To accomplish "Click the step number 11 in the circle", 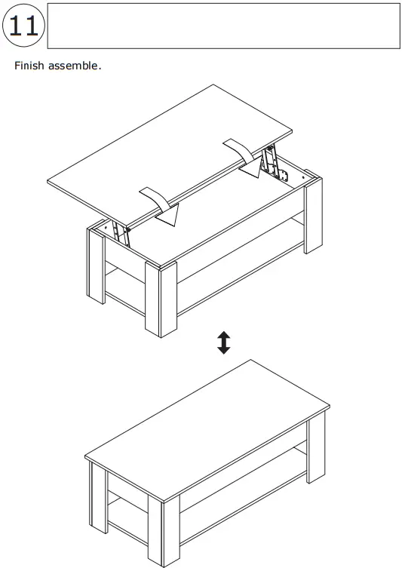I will pyautogui.click(x=23, y=26).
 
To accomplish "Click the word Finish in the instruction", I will pyautogui.click(x=29, y=66).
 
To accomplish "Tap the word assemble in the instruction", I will pyautogui.click(x=74, y=66).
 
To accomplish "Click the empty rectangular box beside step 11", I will pyautogui.click(x=223, y=26).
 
